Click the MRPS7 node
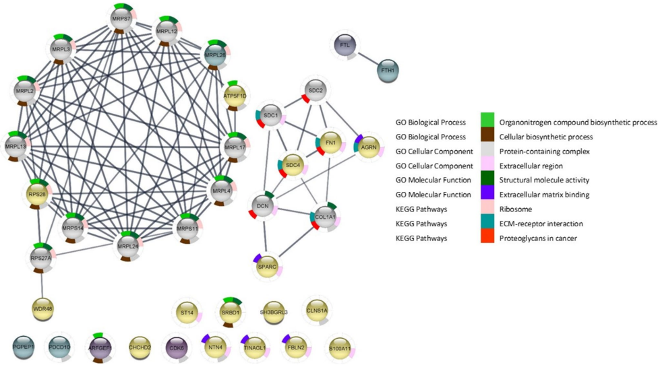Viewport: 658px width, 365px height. coord(123,18)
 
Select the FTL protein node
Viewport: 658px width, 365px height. coord(345,46)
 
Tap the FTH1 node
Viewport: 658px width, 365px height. coord(388,69)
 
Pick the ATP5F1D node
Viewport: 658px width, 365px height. coord(235,96)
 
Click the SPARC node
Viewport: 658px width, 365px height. coord(268,267)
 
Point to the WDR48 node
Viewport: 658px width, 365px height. coord(43,308)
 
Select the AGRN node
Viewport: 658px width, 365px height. coord(368,147)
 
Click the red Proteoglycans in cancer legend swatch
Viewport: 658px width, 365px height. coord(487,238)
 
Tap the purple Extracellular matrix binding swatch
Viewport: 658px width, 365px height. coord(487,195)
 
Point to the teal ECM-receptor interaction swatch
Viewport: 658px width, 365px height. coord(487,224)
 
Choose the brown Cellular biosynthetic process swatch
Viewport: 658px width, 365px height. coord(487,136)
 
